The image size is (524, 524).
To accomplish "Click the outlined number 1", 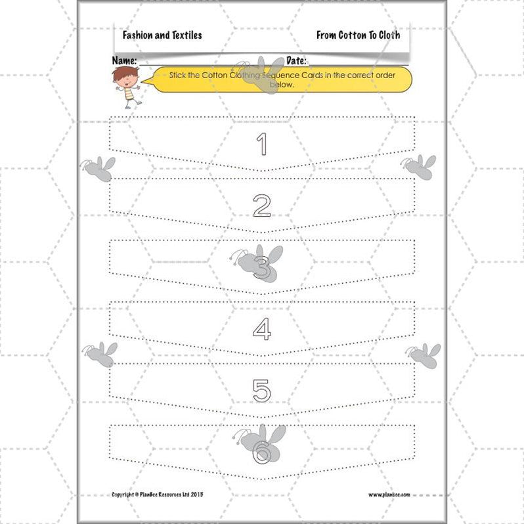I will (261, 144).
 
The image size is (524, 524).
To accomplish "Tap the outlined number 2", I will (261, 206).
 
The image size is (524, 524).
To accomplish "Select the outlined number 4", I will (261, 328).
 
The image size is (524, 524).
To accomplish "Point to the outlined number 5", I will (261, 390).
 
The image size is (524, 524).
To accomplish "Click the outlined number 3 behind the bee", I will (261, 269).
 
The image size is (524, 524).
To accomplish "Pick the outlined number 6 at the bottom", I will (261, 452).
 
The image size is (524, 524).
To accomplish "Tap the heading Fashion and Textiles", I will (162, 35).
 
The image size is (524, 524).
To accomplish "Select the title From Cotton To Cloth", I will (358, 35).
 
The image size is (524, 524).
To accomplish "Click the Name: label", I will (124, 60).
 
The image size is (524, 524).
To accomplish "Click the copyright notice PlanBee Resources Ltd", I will (158, 494).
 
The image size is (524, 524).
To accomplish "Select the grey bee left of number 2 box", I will (98, 168).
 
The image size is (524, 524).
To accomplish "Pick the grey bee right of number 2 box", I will (420, 167).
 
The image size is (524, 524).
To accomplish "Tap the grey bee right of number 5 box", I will (424, 355).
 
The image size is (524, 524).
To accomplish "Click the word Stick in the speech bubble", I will (178, 76).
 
